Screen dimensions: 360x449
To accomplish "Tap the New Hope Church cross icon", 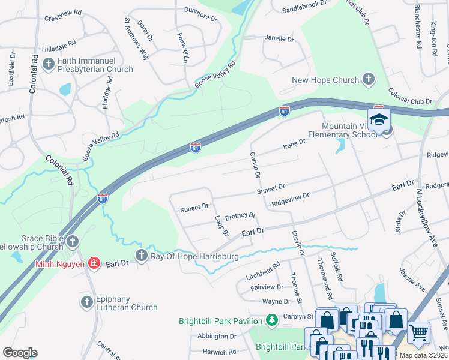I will [368, 80].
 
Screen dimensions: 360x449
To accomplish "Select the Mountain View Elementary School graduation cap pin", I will [379, 121].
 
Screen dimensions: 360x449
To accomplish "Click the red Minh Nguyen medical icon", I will [94, 263].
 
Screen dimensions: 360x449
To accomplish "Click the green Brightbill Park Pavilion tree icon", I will [272, 320].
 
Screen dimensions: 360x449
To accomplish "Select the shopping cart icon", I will [418, 332].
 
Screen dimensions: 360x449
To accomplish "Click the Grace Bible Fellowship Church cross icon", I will [72, 242].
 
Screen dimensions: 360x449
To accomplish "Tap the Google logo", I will [19, 352].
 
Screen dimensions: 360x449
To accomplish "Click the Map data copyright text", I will [423, 355].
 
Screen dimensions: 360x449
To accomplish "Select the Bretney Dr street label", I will [240, 216].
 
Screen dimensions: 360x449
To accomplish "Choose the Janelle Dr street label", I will [279, 38].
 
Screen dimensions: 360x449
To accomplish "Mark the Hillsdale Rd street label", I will [59, 46].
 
